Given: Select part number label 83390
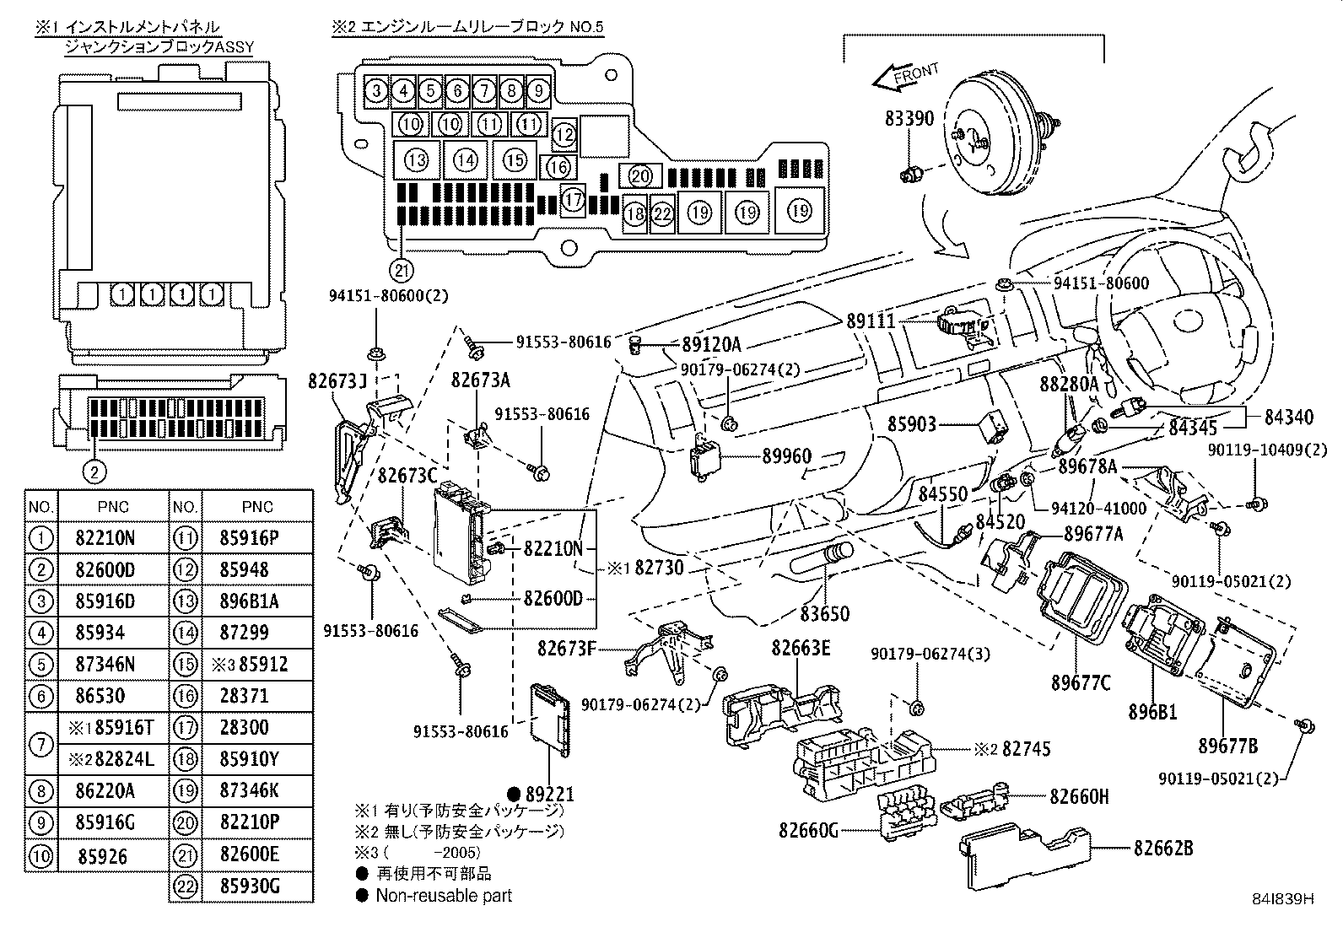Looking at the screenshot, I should pyautogui.click(x=909, y=118).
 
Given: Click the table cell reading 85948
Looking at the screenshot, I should pyautogui.click(x=257, y=569).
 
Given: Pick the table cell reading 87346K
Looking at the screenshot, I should pyautogui.click(x=257, y=790).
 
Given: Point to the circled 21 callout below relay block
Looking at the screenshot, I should pyautogui.click(x=402, y=270).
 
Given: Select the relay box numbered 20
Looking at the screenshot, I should pyautogui.click(x=640, y=175).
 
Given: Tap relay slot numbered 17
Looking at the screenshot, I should pyautogui.click(x=574, y=200).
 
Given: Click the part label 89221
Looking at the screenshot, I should pyautogui.click(x=548, y=794).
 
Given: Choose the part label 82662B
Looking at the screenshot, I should pyautogui.click(x=1162, y=848).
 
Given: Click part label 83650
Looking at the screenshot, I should pyautogui.click(x=824, y=613).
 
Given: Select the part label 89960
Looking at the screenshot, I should pyautogui.click(x=786, y=456).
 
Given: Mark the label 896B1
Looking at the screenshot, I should pyautogui.click(x=1152, y=712).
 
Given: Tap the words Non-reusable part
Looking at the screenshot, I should pyautogui.click(x=444, y=896).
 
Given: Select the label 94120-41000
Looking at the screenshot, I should pyautogui.click(x=1099, y=508).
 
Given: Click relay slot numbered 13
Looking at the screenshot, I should pyautogui.click(x=416, y=159).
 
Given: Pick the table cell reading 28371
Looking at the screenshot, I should pyautogui.click(x=257, y=696).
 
